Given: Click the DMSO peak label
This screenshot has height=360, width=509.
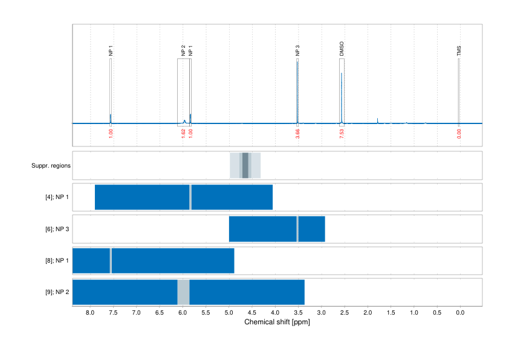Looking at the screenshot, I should (342, 49).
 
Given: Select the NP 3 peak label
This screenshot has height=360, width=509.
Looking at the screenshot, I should (297, 51).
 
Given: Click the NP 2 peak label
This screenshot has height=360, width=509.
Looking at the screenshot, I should (183, 51).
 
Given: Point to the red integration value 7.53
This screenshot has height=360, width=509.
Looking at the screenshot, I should (342, 133).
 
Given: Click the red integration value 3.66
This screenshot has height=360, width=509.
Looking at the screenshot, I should (297, 133).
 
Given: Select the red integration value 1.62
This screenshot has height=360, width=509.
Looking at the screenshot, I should (183, 133).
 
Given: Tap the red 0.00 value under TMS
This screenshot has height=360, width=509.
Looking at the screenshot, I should (459, 133).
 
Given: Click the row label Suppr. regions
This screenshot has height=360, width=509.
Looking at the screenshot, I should (51, 165).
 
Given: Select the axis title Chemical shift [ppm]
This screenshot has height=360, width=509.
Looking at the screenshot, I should (277, 322).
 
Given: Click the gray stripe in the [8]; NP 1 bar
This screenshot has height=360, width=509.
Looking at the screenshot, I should (111, 260).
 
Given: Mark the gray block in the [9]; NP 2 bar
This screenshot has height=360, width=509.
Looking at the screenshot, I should (183, 292).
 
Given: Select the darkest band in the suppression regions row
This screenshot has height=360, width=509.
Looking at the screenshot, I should (245, 165).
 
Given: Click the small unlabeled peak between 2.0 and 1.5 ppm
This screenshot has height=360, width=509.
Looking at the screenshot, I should (378, 120).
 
